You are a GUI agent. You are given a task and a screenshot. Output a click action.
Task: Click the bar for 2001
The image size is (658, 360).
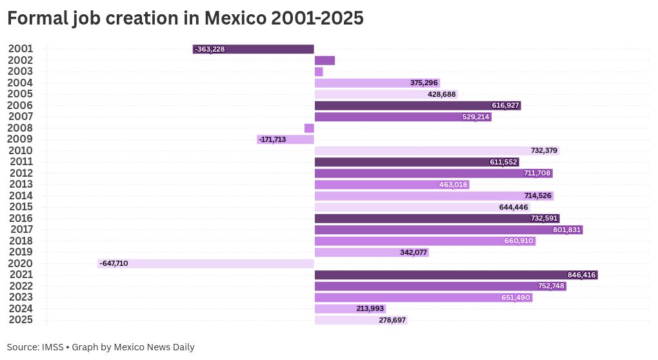(253, 49)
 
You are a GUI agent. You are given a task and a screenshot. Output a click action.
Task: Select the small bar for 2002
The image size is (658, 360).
(324, 61)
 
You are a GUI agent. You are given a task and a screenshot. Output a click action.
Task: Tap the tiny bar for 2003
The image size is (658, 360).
(319, 72)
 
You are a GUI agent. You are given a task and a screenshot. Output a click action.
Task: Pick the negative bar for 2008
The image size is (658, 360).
(309, 128)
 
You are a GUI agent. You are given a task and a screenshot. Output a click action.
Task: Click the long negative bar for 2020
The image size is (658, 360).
(206, 264)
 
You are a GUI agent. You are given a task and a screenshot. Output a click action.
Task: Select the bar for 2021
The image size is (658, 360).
(455, 275)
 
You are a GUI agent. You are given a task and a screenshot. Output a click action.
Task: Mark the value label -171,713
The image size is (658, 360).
(272, 139)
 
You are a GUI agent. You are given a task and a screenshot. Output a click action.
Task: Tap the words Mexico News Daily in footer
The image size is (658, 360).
(154, 347)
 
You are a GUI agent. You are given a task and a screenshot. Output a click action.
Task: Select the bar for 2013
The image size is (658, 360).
(392, 185)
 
